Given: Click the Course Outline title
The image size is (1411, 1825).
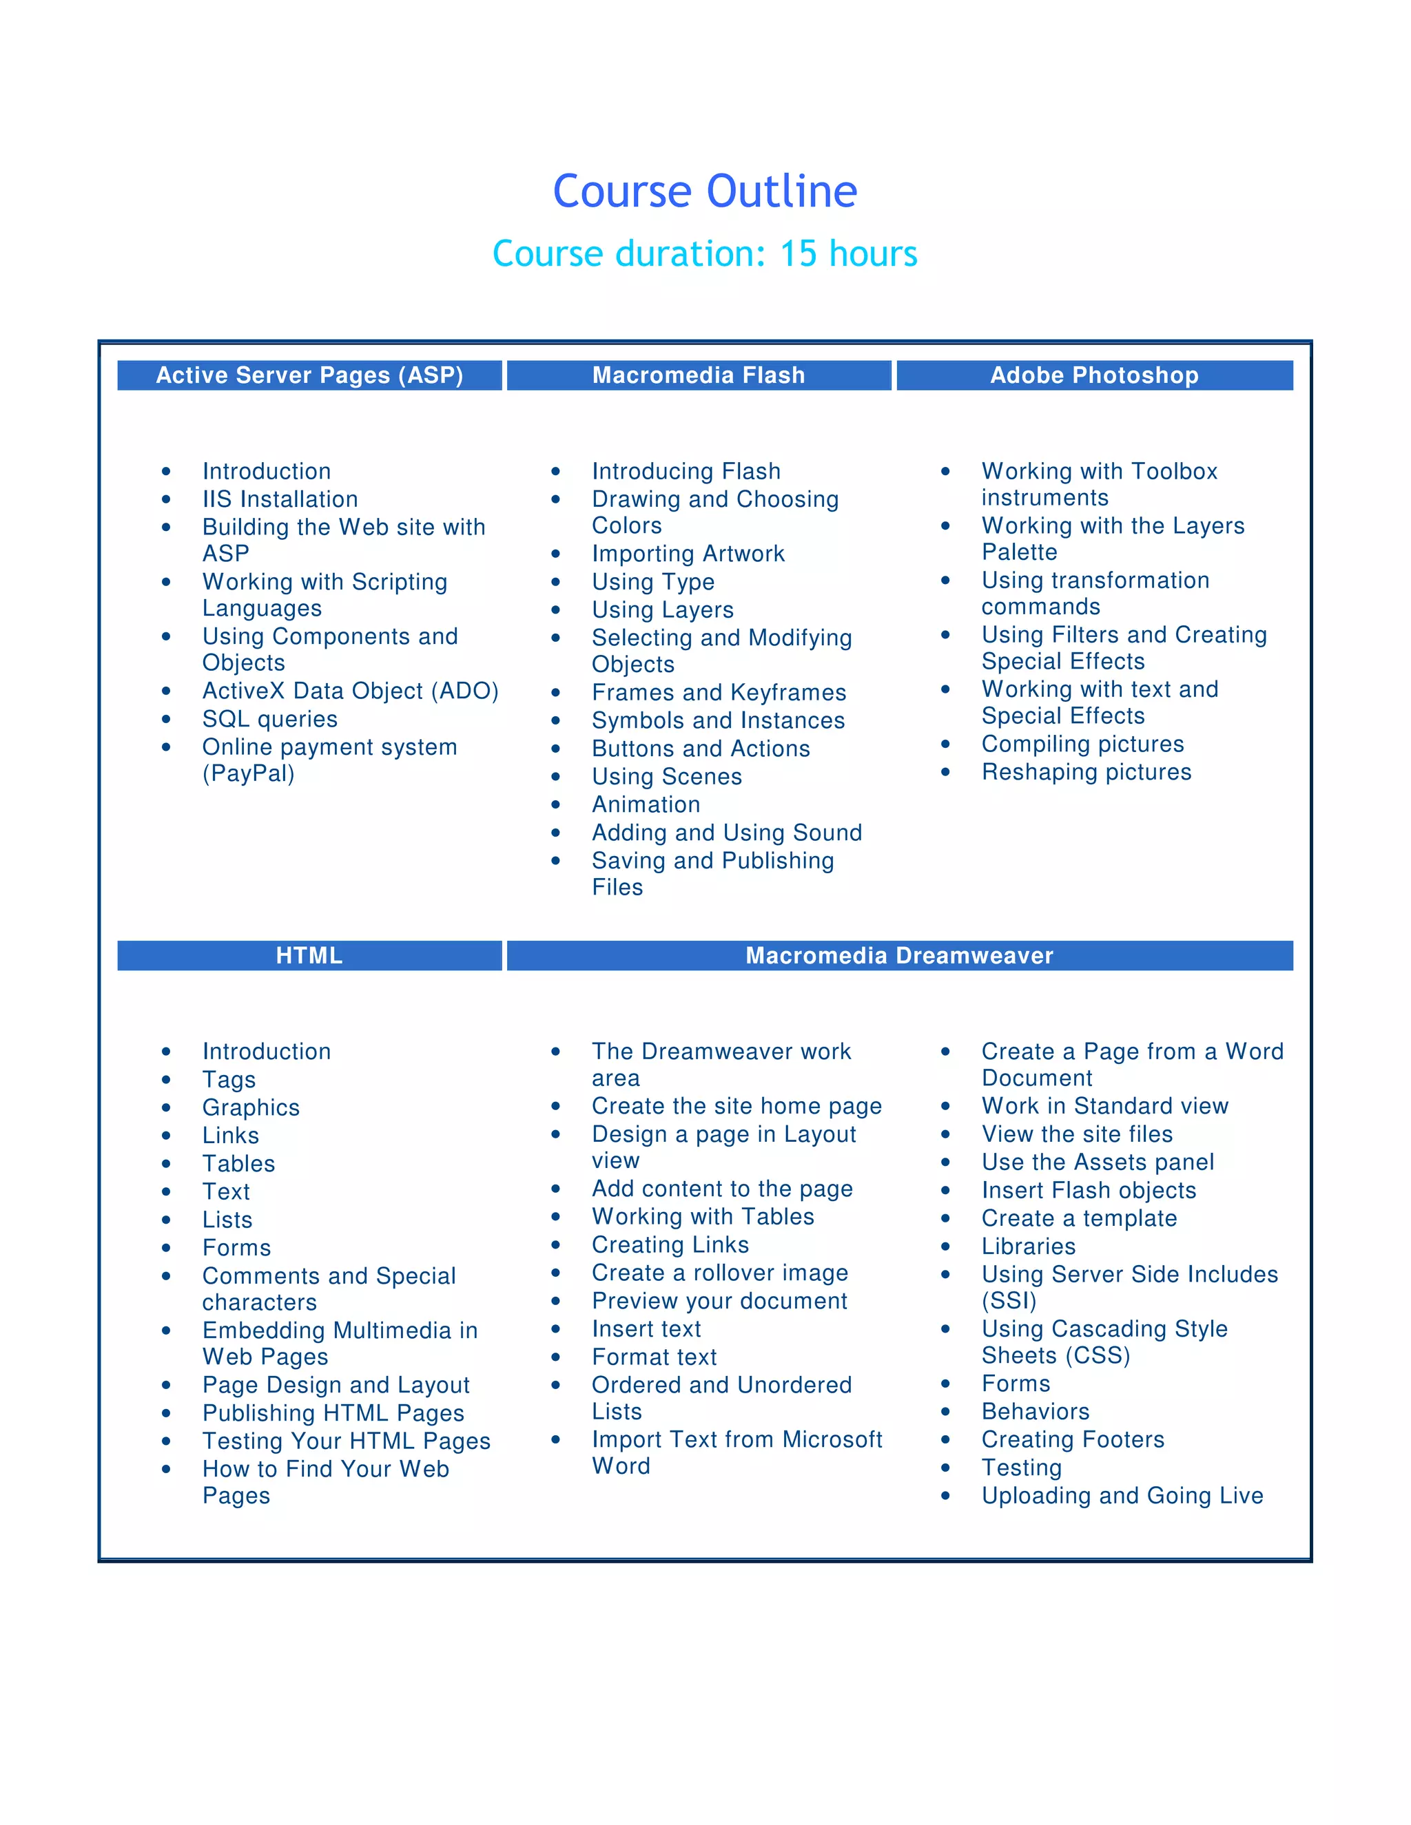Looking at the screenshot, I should [705, 191].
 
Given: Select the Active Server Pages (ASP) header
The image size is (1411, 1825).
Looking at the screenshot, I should [309, 375].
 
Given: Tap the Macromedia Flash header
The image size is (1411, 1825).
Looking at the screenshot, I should [699, 375].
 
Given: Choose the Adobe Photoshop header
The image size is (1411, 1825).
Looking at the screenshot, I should [1094, 375].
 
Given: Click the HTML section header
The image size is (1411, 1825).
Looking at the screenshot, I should [309, 955].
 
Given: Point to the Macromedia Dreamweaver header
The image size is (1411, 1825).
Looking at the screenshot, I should [899, 955].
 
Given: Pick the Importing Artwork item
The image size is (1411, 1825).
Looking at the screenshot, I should [688, 553].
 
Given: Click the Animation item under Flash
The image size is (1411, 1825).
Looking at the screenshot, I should [646, 804].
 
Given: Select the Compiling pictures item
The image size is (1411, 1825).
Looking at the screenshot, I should [1082, 744].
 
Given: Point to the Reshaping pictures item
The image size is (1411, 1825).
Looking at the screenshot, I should [1086, 771].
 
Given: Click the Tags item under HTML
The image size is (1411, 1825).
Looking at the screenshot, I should [229, 1080].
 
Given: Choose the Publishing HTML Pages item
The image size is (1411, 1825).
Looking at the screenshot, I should [333, 1412].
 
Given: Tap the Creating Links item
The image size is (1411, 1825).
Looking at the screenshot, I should [670, 1244].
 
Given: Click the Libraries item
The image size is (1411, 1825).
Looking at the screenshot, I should [1028, 1246].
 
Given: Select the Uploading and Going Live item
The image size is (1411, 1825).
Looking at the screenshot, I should [1122, 1495].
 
